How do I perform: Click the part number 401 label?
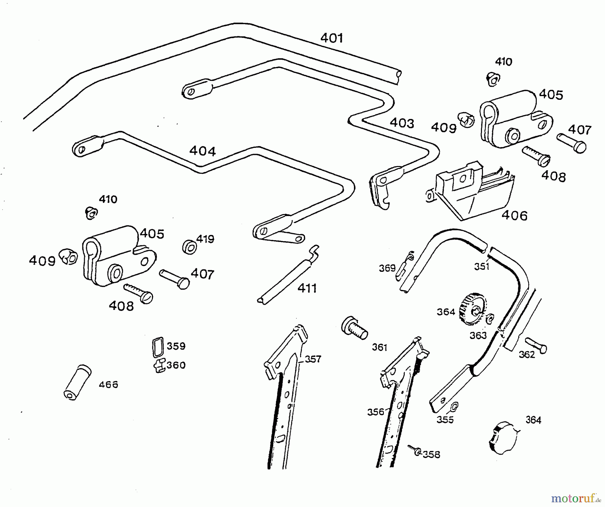332,38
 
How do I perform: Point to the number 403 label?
402,123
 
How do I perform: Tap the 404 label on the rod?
202,151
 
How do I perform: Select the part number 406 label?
515,215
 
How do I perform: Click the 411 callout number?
307,288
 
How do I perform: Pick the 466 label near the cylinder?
108,385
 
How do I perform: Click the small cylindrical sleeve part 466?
77,382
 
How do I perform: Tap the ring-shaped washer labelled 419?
190,247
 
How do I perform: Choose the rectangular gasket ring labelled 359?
158,347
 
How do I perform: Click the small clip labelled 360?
160,366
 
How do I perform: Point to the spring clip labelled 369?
405,265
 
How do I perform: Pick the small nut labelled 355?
454,407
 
